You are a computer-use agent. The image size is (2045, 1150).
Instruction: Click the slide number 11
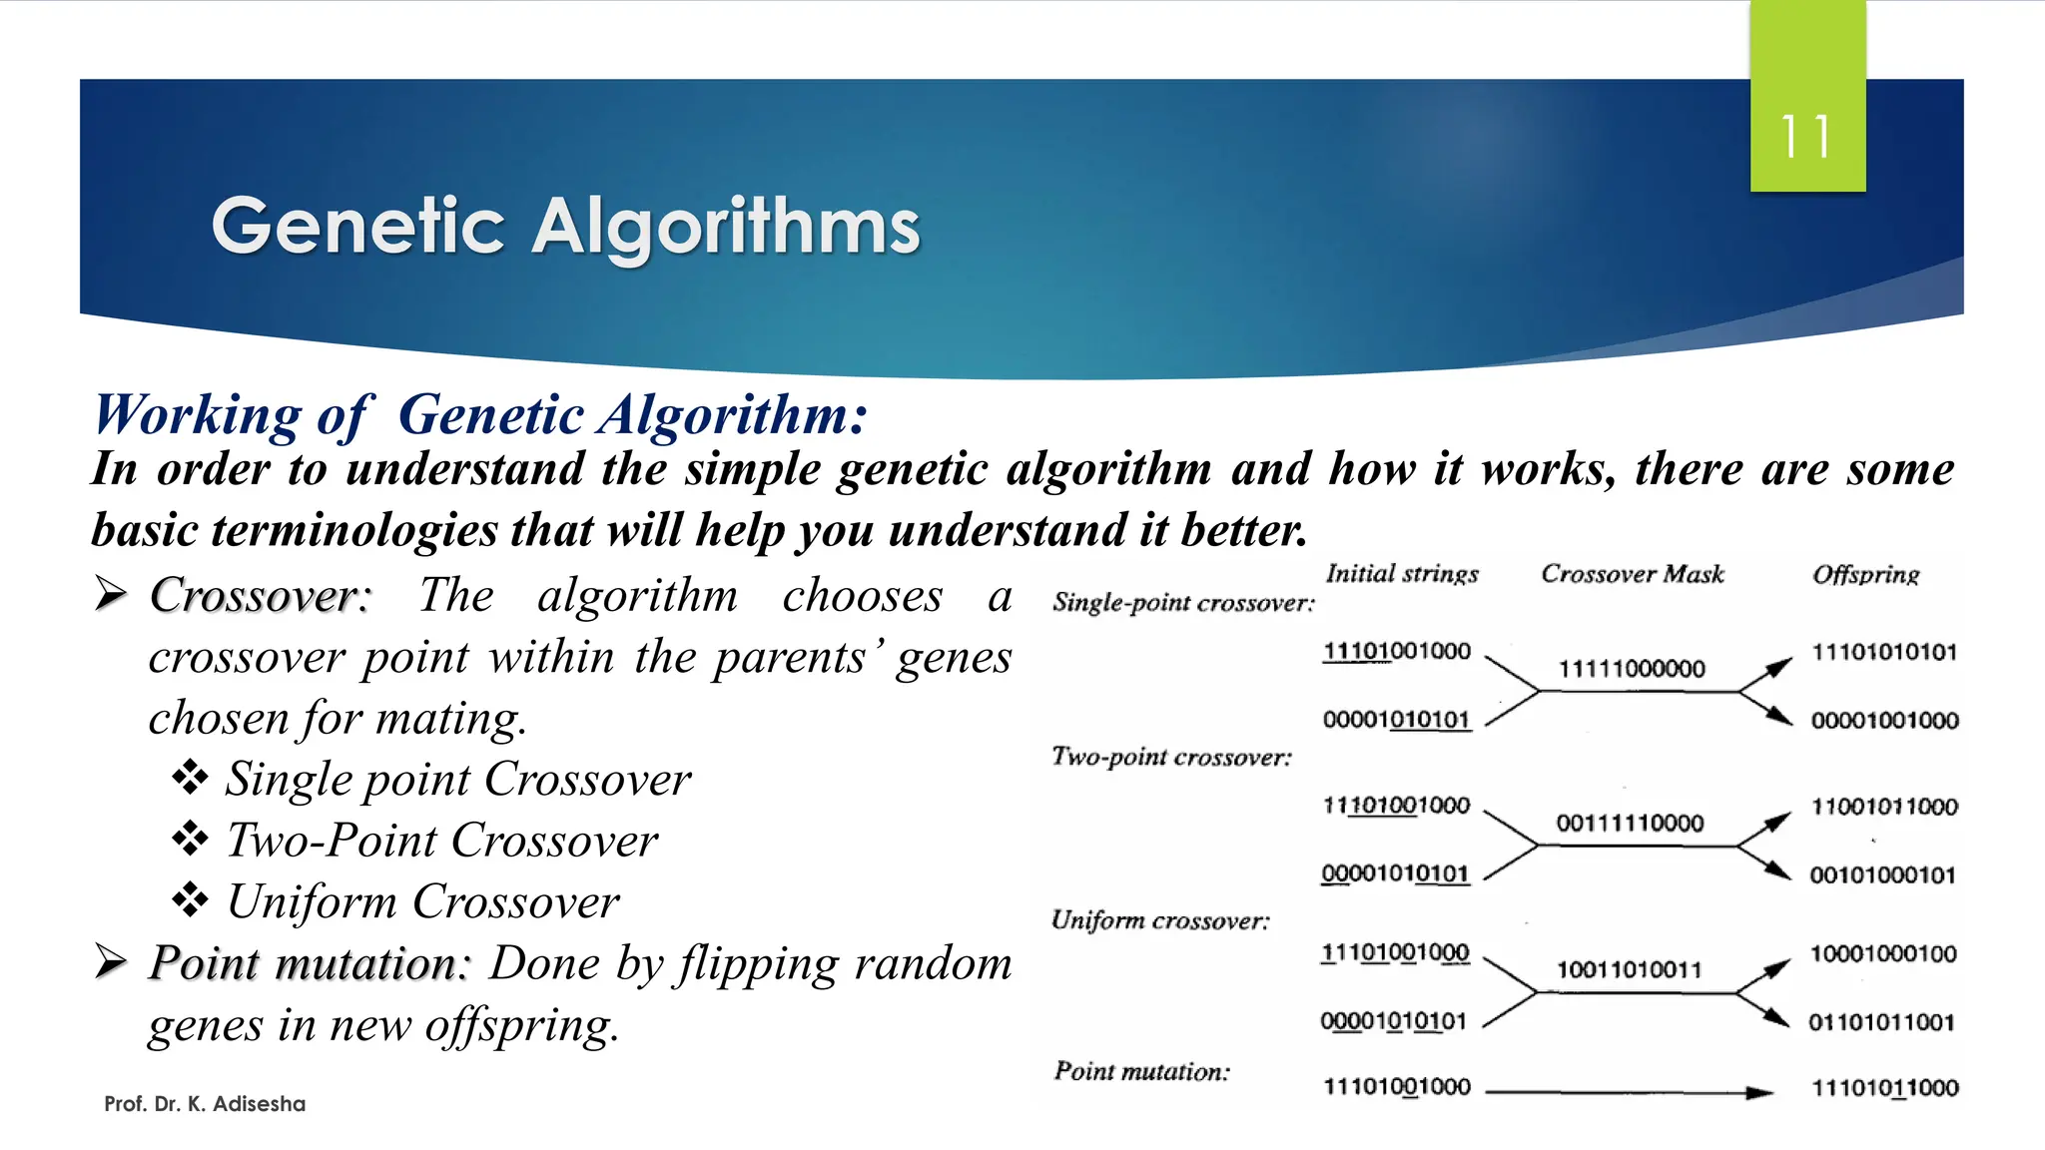click(1805, 137)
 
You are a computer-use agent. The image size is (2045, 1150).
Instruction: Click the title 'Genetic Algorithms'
click(565, 227)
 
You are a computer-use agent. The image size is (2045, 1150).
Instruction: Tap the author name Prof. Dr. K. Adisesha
click(205, 1103)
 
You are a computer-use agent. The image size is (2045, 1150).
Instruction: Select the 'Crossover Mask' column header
click(1632, 574)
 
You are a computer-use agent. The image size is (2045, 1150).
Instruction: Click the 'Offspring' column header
click(1865, 575)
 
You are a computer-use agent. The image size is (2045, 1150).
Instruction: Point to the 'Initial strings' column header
click(1401, 574)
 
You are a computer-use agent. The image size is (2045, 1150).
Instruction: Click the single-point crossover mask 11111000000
click(1632, 669)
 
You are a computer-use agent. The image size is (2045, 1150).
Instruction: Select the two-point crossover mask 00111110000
click(1630, 823)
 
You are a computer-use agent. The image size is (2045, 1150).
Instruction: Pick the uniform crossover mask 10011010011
click(1629, 969)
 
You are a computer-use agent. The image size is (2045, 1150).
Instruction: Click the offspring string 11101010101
click(1884, 652)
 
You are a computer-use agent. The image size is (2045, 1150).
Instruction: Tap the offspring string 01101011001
click(1881, 1022)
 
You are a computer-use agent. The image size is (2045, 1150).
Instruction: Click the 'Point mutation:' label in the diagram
click(1141, 1071)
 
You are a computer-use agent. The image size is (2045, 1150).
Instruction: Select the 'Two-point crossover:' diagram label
click(1170, 757)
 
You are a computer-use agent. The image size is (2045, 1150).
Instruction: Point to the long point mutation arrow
click(1628, 1092)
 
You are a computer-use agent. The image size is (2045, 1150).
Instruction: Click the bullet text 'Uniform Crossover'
click(422, 901)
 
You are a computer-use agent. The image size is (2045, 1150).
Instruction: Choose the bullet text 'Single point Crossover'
click(457, 779)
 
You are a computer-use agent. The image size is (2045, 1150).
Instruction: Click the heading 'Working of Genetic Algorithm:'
click(480, 414)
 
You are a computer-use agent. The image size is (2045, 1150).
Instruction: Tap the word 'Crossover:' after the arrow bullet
click(260, 596)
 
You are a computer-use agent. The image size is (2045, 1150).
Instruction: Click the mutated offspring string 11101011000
click(1884, 1088)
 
